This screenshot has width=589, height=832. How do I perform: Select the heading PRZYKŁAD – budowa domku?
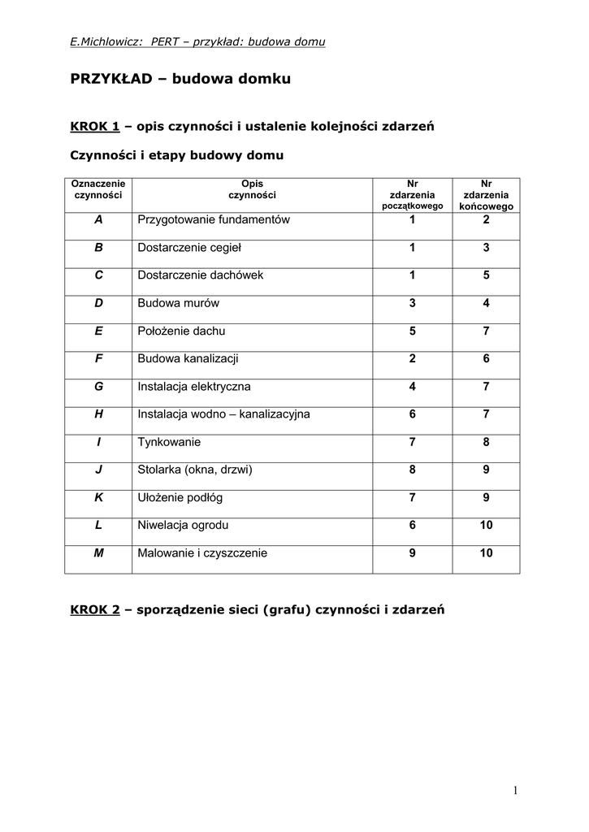[180, 80]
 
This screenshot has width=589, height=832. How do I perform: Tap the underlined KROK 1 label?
[95, 126]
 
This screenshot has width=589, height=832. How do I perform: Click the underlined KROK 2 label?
[95, 610]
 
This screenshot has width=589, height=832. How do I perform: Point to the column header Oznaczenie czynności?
[98, 189]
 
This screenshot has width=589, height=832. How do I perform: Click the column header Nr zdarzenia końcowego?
[486, 195]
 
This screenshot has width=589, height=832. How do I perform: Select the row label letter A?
[98, 219]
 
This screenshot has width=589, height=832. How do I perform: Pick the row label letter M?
[98, 552]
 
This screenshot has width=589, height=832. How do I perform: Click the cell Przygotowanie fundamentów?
[214, 219]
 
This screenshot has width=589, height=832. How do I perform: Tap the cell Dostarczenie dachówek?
[200, 275]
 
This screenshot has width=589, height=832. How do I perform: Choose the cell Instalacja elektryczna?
[194, 386]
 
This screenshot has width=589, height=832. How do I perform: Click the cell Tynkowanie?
[169, 442]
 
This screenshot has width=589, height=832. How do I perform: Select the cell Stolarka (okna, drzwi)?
[196, 470]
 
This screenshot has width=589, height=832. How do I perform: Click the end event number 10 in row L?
[486, 525]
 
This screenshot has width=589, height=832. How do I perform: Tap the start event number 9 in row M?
[412, 552]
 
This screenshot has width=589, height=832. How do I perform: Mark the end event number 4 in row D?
[486, 303]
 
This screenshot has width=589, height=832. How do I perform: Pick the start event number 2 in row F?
[412, 358]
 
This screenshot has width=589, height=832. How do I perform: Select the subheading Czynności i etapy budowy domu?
[176, 154]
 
